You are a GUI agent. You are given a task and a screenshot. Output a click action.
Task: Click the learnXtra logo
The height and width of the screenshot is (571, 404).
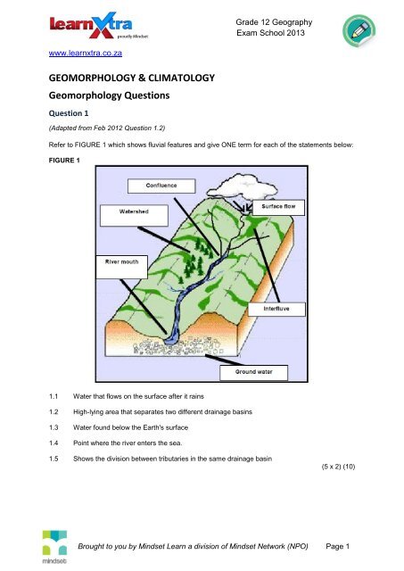click(x=99, y=26)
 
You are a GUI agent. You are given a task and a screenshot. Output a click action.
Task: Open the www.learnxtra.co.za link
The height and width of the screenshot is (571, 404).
click(x=85, y=54)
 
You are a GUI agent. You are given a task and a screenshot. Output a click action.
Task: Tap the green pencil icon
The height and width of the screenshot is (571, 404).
click(x=359, y=31)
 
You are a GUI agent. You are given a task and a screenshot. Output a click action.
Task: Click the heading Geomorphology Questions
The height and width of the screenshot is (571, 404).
click(x=109, y=95)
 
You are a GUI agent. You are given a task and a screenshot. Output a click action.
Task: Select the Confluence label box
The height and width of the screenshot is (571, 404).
click(x=161, y=186)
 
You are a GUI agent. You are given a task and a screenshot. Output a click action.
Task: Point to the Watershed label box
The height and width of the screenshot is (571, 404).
click(x=134, y=215)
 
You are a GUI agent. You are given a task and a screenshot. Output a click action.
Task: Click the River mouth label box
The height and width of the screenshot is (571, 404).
click(x=122, y=267)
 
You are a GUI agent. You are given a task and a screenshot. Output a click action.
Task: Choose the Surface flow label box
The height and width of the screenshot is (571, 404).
click(x=278, y=207)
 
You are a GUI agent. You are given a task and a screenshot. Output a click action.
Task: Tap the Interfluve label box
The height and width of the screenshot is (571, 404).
click(x=276, y=310)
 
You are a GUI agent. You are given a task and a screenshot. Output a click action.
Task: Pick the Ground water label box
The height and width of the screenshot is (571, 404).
click(x=253, y=373)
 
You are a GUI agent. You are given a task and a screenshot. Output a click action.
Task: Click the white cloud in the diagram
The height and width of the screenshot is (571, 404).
click(x=242, y=186)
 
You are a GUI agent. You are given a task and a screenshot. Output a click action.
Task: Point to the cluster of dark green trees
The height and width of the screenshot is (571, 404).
click(x=196, y=259)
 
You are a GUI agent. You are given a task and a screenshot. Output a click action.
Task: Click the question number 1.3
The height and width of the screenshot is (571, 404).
click(x=54, y=427)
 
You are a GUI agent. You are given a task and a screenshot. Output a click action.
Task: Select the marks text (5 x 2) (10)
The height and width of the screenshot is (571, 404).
click(x=338, y=467)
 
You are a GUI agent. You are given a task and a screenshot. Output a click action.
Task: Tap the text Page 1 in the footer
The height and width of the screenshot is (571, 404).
click(x=337, y=546)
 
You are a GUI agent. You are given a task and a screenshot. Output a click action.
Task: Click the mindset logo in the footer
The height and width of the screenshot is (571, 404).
click(x=54, y=547)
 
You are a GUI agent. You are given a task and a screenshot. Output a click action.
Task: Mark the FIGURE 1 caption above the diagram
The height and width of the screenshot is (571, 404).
click(x=64, y=161)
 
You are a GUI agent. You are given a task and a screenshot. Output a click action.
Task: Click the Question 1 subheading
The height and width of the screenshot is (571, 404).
click(x=69, y=113)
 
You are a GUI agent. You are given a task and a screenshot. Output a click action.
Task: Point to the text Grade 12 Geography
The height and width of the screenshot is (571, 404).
click(x=274, y=22)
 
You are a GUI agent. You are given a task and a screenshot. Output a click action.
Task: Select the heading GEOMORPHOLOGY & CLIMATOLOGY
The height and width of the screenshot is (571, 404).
click(x=132, y=78)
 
